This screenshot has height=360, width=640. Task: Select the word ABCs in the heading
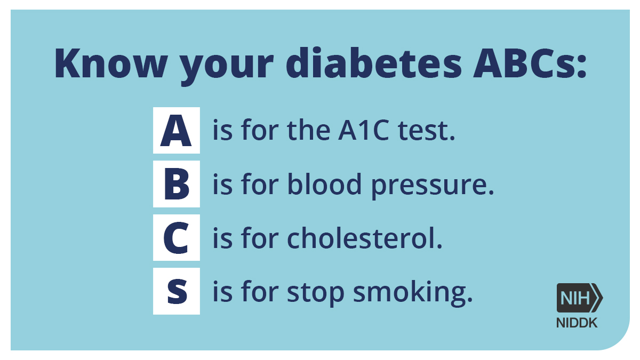click(522, 63)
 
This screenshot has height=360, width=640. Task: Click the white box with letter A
click(177, 130)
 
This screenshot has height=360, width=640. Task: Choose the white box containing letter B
click(177, 183)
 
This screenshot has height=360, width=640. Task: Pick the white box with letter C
click(177, 237)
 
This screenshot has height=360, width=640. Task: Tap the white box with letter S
click(177, 291)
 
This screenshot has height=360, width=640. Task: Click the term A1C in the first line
click(363, 131)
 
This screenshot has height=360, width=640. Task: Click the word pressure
click(433, 186)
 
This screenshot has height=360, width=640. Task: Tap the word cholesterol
click(365, 237)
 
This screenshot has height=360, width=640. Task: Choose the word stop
click(315, 293)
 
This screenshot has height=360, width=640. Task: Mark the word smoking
click(413, 292)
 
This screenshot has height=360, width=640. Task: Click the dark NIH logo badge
click(579, 298)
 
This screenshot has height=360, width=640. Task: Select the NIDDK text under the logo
click(577, 323)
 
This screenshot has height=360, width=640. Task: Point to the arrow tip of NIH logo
click(602, 298)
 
